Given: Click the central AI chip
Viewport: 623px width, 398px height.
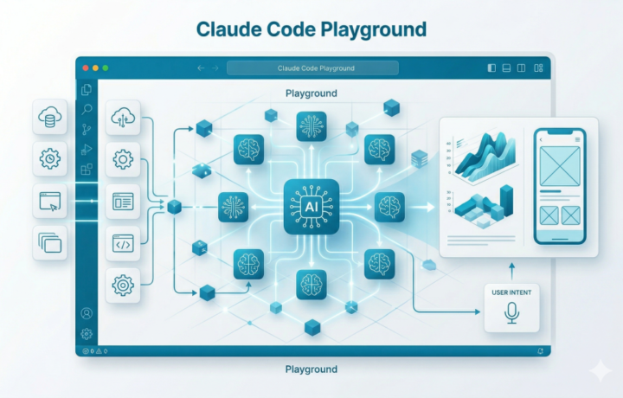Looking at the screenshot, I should [311, 207].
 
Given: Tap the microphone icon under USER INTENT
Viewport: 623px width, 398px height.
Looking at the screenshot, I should [511, 313].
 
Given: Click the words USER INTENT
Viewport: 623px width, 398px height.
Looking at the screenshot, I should [511, 292].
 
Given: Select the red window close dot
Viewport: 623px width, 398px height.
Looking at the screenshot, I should [86, 67].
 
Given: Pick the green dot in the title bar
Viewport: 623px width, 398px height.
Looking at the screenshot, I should [106, 67].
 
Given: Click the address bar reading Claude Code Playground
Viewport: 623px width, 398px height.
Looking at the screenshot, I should [312, 67].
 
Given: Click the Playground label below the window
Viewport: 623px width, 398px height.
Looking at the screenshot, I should [311, 369].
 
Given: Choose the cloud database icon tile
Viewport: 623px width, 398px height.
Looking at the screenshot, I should [49, 116].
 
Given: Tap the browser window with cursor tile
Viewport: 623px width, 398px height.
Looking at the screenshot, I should [49, 202].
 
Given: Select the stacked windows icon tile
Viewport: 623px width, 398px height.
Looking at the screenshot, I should [49, 243].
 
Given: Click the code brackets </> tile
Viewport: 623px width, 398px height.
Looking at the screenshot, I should [123, 244].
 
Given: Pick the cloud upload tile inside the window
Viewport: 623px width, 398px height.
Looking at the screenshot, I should [123, 118].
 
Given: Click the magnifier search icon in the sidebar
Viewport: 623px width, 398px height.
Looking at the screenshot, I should [87, 110].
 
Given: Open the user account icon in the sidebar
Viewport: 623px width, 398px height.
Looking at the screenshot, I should [87, 314].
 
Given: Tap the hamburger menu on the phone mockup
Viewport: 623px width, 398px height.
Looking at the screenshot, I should [577, 138].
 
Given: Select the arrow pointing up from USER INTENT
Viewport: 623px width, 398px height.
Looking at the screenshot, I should [511, 270].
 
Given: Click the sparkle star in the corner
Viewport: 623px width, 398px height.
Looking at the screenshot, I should [599, 370].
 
